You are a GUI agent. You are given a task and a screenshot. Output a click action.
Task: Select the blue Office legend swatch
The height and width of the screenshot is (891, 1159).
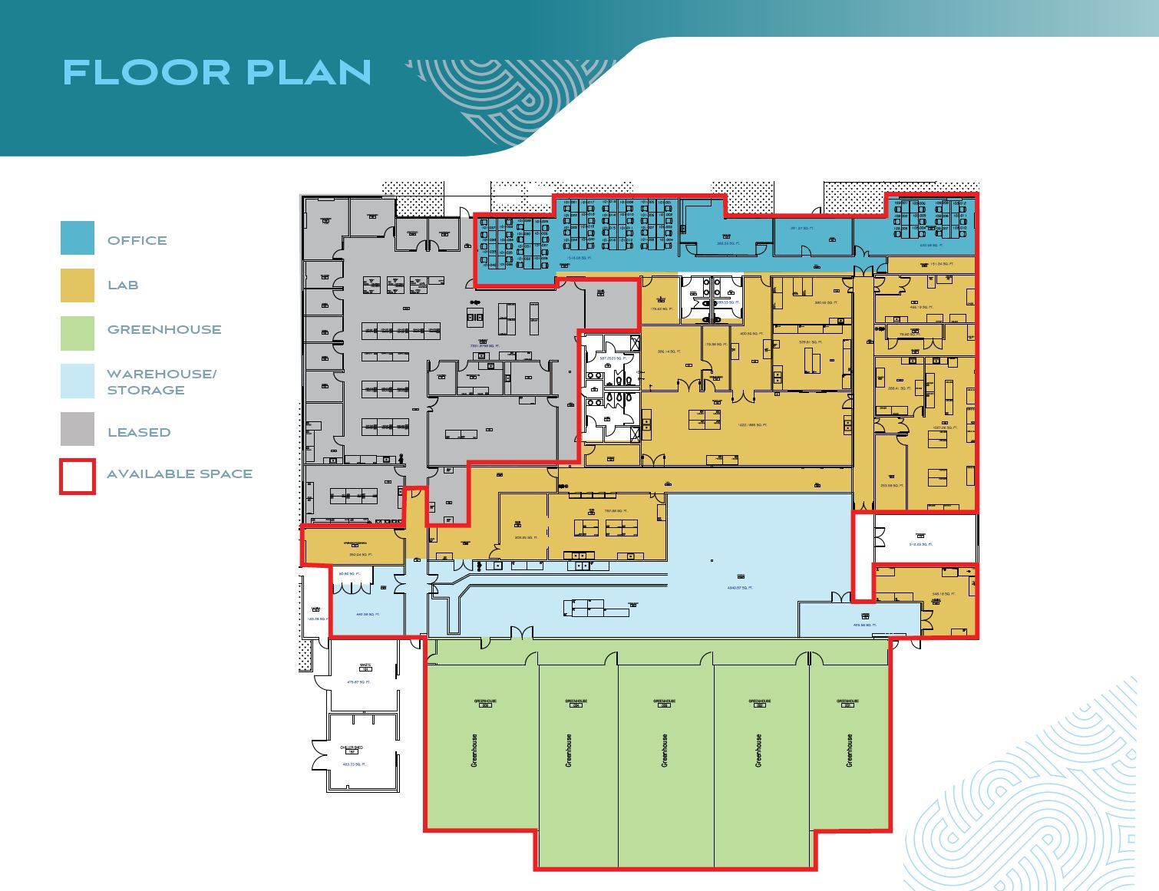78,238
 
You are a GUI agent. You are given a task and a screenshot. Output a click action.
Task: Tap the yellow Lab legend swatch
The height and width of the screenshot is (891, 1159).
78,285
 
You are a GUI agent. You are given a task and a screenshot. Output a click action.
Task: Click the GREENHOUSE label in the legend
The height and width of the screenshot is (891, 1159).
164,329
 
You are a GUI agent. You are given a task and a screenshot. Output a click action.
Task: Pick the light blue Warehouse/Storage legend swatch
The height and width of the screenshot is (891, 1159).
78,381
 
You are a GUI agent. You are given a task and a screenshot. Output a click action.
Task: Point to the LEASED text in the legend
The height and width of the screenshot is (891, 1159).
139,432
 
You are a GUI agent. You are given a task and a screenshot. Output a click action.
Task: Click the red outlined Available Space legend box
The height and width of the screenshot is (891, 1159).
78,476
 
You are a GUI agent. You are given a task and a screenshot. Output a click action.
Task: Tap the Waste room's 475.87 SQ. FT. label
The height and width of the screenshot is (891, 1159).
359,682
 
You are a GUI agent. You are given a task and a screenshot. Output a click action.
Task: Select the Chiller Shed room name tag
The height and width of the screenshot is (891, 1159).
352,747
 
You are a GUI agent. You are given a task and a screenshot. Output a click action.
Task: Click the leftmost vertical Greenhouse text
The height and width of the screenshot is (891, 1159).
474,750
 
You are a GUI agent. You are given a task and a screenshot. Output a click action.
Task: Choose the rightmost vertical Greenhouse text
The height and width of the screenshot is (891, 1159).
849,750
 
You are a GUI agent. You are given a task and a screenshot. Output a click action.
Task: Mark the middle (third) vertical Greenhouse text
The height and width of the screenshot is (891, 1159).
664,750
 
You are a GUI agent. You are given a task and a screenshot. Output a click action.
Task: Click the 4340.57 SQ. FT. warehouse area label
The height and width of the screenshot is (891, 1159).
740,588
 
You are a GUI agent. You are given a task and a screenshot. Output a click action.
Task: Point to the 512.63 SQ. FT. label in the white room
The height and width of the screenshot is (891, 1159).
920,544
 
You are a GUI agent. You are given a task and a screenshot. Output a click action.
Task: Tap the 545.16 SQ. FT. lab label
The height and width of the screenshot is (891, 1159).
942,594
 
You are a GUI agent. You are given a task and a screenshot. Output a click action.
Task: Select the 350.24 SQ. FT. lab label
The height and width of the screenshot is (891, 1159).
360,554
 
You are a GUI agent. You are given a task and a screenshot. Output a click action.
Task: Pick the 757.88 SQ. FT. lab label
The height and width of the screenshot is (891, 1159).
616,511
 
